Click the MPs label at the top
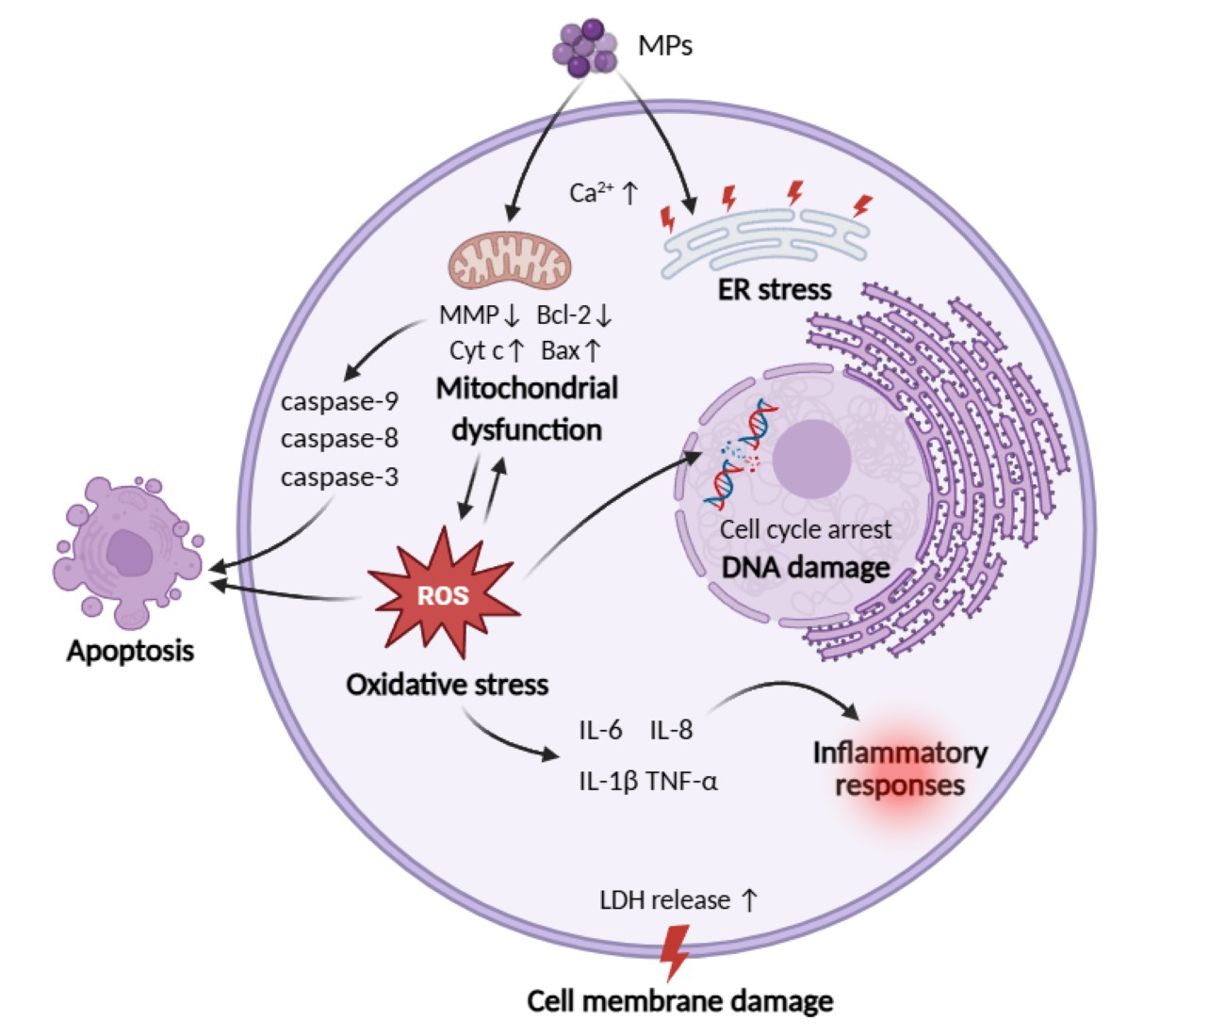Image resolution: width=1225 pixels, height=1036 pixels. tap(664, 44)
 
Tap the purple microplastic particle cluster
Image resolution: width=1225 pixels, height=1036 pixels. tap(584, 47)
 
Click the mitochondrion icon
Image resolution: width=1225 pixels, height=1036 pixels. tap(509, 260)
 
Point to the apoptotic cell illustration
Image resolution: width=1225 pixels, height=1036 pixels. tap(125, 551)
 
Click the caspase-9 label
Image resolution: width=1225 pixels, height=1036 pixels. tap(339, 401)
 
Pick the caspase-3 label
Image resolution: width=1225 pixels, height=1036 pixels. tap(339, 477)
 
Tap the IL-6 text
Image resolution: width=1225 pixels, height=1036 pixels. tap(600, 730)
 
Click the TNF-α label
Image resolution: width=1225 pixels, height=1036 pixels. tap(681, 781)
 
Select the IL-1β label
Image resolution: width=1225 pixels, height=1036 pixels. tap(608, 781)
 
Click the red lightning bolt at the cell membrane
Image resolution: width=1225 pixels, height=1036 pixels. tap(674, 951)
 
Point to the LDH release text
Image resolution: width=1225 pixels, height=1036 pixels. tap(665, 900)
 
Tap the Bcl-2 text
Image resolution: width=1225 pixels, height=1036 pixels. tap(563, 315)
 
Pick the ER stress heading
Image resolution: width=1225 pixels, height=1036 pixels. tap(775, 289)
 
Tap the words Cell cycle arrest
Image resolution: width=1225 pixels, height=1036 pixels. tap(805, 529)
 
